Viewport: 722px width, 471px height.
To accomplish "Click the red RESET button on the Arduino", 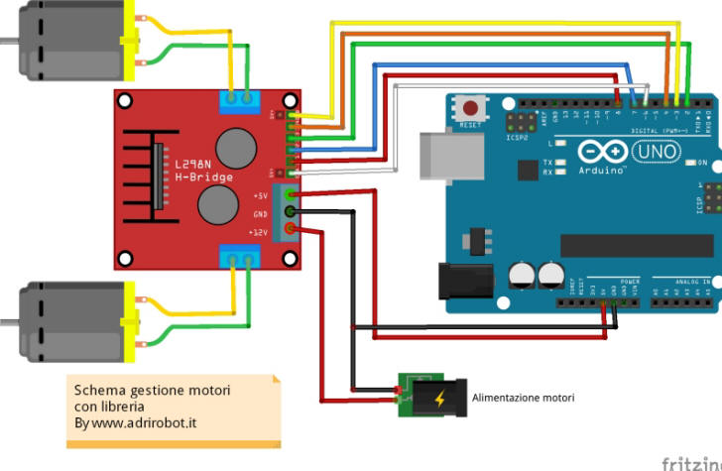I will [471, 107].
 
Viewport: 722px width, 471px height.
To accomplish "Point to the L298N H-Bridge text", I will [204, 171].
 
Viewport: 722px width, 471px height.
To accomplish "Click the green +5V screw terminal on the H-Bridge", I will [291, 195].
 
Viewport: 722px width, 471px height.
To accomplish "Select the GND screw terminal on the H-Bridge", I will [291, 213].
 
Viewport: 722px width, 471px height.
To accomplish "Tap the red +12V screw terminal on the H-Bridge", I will [291, 231].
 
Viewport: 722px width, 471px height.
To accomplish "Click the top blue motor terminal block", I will [239, 97].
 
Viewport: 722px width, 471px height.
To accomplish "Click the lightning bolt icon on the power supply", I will [437, 399].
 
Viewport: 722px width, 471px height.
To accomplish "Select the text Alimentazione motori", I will [523, 399].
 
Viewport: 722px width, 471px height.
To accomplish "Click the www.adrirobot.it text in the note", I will [144, 422].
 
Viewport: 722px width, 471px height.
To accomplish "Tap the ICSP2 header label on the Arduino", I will [517, 138].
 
